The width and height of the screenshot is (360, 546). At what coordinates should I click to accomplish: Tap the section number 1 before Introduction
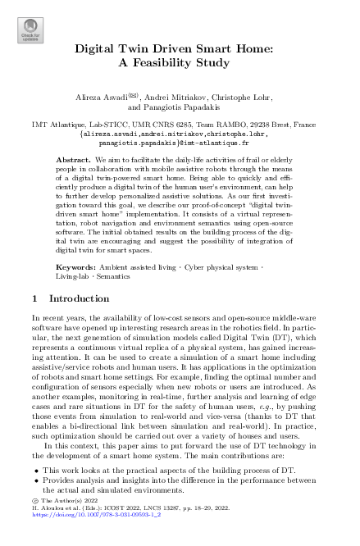click(34, 277)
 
